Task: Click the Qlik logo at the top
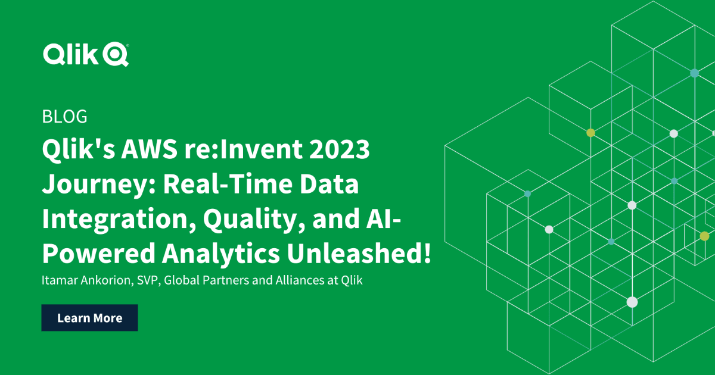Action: (85, 54)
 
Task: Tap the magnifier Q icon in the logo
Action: (116, 55)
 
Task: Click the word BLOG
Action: (65, 117)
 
